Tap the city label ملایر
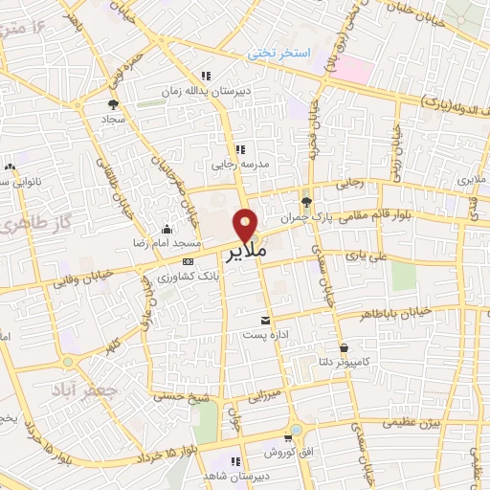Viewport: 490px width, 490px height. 245,254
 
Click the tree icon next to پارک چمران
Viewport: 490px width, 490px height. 306,202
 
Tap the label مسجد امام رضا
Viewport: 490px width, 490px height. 167,243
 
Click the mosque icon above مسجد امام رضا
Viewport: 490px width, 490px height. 168,229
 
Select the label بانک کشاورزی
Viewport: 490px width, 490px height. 187,275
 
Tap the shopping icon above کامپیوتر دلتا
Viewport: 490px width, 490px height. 344,346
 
